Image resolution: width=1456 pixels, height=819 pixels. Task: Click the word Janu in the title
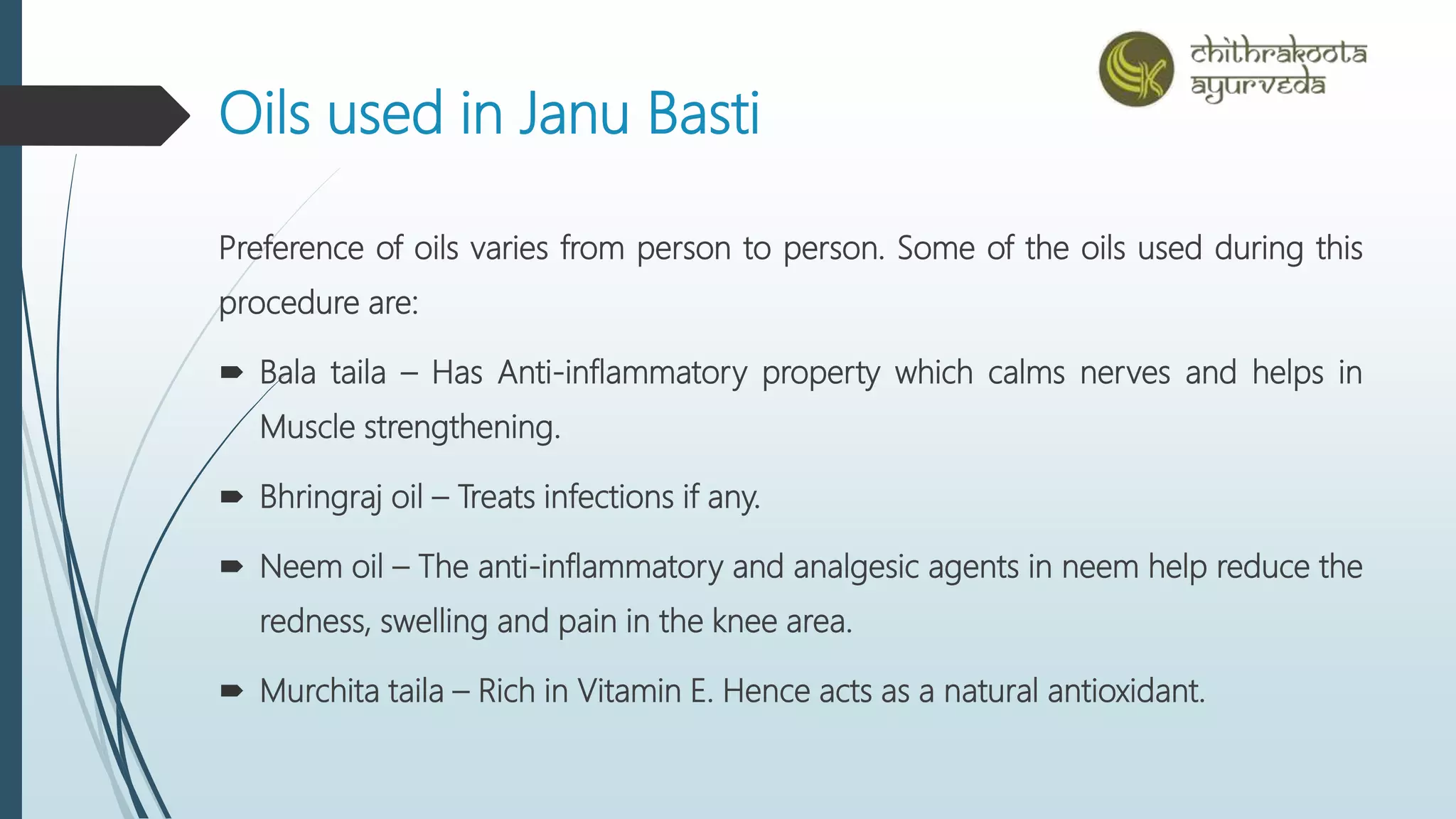pos(574,114)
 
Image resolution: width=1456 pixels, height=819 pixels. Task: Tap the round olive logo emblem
pos(1136,69)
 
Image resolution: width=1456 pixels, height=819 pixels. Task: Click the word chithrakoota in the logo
pos(1278,53)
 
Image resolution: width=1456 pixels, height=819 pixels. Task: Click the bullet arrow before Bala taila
pos(232,373)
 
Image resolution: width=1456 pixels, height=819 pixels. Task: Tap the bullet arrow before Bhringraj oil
pos(232,497)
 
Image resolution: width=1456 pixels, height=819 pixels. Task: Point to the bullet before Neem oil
pos(232,567)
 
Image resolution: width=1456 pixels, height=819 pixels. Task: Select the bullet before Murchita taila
pos(232,691)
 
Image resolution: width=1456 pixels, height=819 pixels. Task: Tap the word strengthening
pos(462,428)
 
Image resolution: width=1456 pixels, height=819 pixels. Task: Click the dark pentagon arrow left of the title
pos(92,115)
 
